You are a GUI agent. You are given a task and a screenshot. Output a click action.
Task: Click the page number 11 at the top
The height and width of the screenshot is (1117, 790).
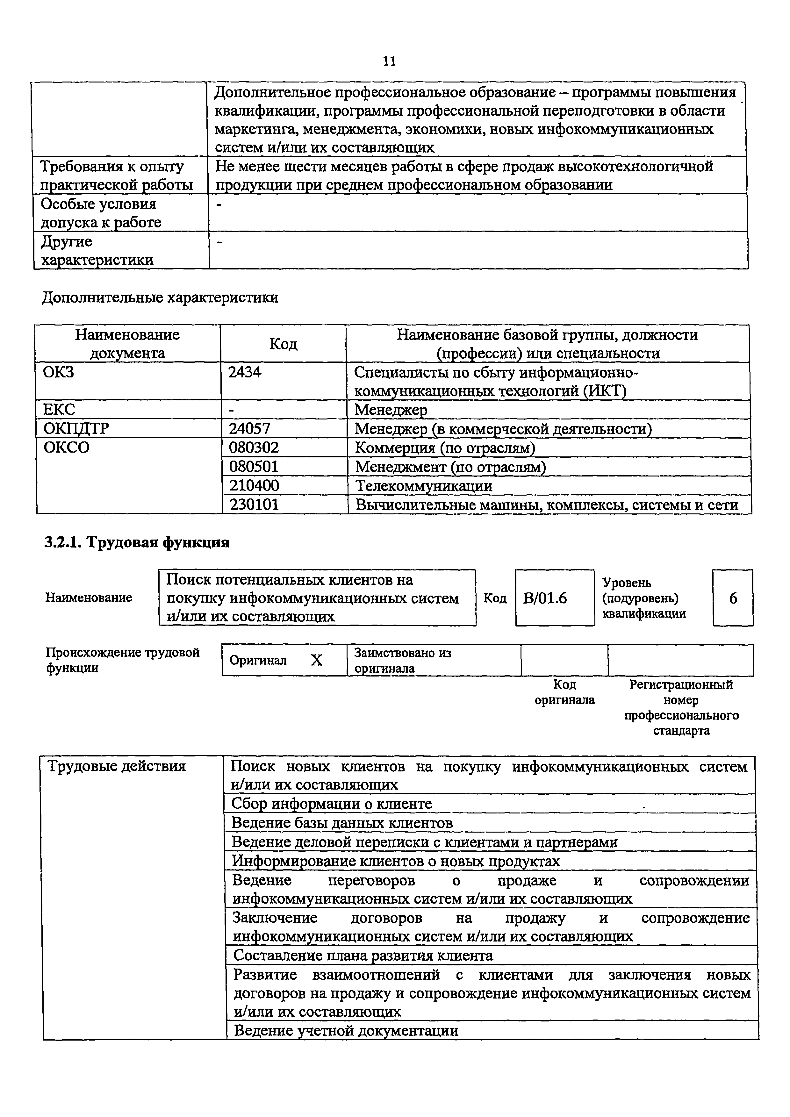tap(389, 61)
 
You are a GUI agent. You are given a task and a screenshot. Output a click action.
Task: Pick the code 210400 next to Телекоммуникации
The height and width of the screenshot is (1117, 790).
tap(254, 485)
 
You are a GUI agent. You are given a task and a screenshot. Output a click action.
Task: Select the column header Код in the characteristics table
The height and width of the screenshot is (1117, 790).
tap(283, 344)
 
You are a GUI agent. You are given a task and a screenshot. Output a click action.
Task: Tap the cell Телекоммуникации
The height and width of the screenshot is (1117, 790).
tap(424, 485)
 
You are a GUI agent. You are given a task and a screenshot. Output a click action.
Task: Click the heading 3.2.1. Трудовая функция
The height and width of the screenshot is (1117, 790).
tap(137, 542)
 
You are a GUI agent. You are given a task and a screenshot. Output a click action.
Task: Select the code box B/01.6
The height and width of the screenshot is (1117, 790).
tap(545, 598)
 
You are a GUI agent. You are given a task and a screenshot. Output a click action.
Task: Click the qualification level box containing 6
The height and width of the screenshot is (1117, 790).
tap(733, 598)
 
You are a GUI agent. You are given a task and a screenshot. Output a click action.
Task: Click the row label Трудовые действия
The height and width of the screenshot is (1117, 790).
tap(117, 767)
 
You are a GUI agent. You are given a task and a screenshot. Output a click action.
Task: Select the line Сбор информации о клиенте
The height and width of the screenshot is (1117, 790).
tap(332, 804)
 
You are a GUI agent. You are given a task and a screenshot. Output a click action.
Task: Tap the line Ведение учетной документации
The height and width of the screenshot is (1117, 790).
tap(346, 1030)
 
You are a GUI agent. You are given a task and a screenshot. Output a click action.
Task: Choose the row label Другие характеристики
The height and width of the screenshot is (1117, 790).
tap(97, 251)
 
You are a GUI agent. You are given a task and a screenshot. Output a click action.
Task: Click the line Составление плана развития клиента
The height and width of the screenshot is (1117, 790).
tap(363, 956)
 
